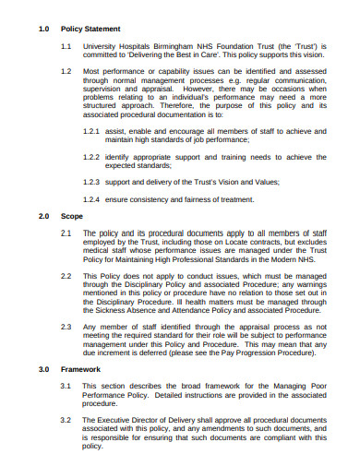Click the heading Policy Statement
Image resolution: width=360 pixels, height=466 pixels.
point(90,29)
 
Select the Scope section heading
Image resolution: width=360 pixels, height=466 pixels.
point(71,216)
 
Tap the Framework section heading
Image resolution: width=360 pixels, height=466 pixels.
point(80,368)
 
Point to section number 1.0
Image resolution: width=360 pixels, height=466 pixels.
point(43,29)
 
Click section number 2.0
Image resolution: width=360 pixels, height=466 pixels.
point(43,216)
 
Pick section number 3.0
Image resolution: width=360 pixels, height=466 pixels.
point(43,368)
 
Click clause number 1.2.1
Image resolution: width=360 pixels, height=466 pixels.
point(91,132)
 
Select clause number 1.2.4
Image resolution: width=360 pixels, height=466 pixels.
point(91,198)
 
